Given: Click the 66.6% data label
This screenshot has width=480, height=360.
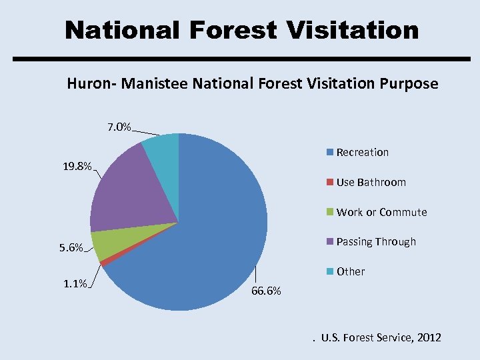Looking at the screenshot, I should [x=266, y=291].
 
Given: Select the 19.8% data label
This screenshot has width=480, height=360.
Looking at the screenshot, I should [x=77, y=167].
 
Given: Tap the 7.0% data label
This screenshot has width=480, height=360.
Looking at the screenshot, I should [x=119, y=127].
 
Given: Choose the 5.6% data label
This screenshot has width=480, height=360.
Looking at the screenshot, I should [x=71, y=248].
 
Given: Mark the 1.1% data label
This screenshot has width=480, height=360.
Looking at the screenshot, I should [x=75, y=284].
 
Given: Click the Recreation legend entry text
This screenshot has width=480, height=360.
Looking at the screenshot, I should [x=363, y=153].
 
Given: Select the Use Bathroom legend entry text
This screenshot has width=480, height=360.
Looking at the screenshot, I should [x=371, y=182].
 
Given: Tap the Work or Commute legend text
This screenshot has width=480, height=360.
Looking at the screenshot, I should [x=381, y=212].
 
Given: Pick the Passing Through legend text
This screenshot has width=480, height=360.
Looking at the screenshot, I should [x=376, y=241].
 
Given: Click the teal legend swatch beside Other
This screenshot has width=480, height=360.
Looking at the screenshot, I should [x=329, y=271].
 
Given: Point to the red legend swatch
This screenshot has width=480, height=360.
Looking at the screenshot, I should [x=329, y=182].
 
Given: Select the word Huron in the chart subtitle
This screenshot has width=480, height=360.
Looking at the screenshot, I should [x=85, y=84].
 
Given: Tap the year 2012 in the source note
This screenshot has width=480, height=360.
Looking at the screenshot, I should [x=427, y=338].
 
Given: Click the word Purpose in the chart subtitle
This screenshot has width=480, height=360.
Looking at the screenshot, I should [x=411, y=84].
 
